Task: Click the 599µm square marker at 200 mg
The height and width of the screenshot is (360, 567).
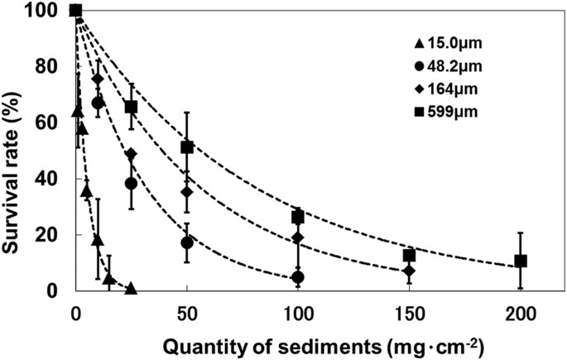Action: pyautogui.click(x=521, y=261)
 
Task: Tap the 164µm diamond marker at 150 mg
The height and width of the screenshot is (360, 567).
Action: pyautogui.click(x=409, y=271)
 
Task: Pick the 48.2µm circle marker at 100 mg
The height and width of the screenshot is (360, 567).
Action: pyautogui.click(x=298, y=277)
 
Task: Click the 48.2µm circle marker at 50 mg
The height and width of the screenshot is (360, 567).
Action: pyautogui.click(x=187, y=242)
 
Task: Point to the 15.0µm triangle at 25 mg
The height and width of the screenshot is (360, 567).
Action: pyautogui.click(x=131, y=288)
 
